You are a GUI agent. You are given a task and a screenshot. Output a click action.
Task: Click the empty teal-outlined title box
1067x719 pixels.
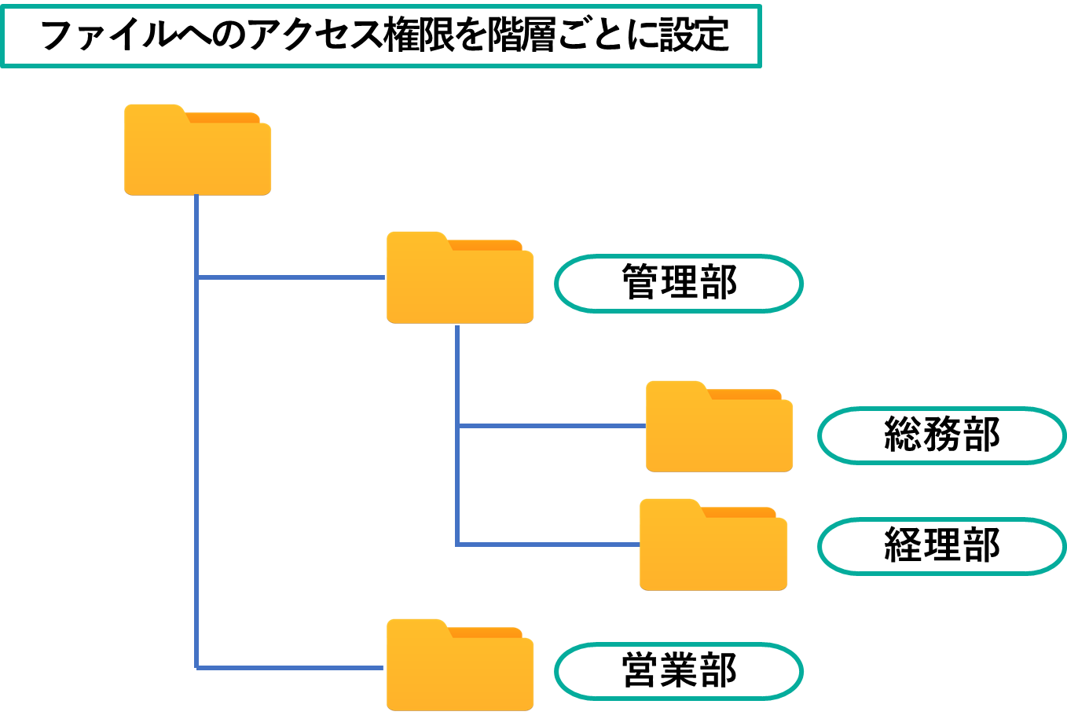pyautogui.click(x=381, y=36)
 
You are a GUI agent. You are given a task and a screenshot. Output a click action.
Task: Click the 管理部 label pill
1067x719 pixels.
pyautogui.click(x=678, y=283)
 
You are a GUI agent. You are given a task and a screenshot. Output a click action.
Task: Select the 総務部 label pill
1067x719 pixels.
pyautogui.click(x=941, y=435)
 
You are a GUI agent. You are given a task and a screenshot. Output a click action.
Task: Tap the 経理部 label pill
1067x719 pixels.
pyautogui.click(x=941, y=546)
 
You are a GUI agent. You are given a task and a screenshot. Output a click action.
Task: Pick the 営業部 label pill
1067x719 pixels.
pyautogui.click(x=678, y=671)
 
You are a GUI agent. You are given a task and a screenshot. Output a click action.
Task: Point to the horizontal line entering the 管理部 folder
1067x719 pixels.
pyautogui.click(x=291, y=277)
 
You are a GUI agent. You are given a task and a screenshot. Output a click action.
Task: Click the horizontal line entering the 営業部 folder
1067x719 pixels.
pyautogui.click(x=291, y=668)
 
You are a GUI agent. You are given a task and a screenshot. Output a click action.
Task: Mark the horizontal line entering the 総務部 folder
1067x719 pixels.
pyautogui.click(x=550, y=426)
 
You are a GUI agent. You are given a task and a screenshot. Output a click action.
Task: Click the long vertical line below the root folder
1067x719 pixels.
pyautogui.click(x=196, y=471)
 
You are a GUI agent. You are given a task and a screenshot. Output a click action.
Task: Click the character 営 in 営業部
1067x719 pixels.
pyautogui.click(x=640, y=671)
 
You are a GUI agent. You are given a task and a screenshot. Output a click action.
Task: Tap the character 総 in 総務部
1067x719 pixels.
pyautogui.click(x=903, y=435)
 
